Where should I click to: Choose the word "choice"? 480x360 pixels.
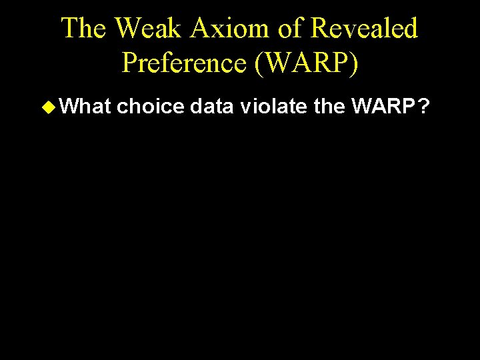[x=151, y=105]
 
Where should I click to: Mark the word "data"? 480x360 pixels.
[x=213, y=105]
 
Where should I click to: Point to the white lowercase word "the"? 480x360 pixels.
[x=329, y=105]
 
